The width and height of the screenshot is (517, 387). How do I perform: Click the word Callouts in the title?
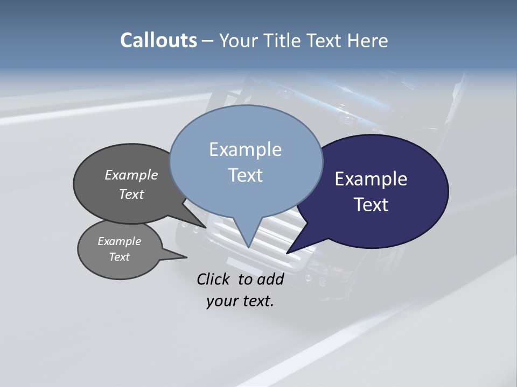(x=158, y=40)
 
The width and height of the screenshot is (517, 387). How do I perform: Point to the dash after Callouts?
(x=208, y=41)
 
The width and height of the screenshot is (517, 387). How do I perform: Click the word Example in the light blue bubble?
(x=245, y=149)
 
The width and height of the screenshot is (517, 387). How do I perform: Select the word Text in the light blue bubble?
(x=245, y=175)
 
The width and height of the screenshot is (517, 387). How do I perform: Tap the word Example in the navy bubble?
(x=371, y=179)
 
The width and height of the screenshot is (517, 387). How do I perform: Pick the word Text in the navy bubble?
(x=371, y=205)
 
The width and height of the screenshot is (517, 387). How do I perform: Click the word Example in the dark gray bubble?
(x=131, y=175)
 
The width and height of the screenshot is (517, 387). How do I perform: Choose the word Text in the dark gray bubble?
(x=131, y=194)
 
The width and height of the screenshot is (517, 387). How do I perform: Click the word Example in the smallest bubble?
(x=119, y=241)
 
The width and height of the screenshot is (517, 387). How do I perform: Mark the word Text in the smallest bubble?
(x=119, y=257)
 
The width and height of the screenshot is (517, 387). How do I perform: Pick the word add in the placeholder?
(x=270, y=279)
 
